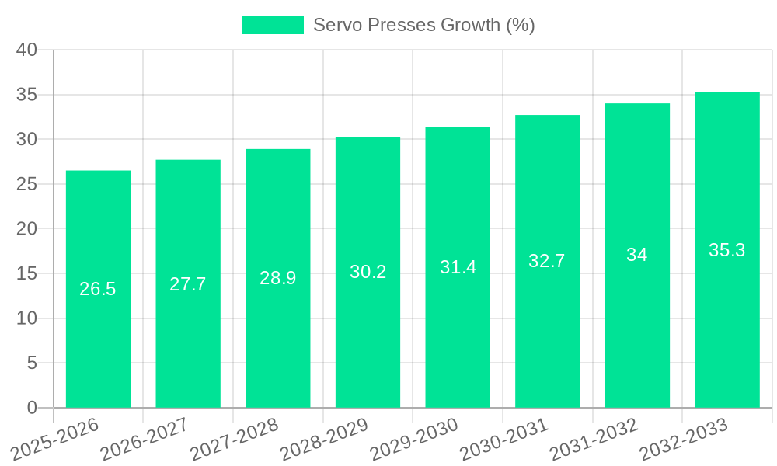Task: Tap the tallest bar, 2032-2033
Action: (727, 326)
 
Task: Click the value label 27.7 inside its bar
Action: (188, 284)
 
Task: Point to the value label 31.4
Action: (458, 267)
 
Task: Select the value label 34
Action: (637, 255)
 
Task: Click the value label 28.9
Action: (277, 278)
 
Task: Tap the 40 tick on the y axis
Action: (26, 50)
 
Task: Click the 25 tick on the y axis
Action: (26, 184)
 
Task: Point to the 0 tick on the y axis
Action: (32, 408)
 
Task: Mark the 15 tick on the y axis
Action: (26, 273)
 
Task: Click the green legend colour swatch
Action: (273, 25)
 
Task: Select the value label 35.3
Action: (727, 250)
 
